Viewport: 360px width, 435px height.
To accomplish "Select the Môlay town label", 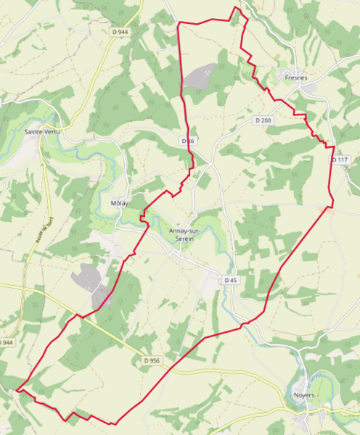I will [119, 203].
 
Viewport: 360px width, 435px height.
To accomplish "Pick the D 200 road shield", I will [263, 120].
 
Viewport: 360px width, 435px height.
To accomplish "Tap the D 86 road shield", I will [188, 140].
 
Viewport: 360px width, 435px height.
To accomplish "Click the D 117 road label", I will [339, 159].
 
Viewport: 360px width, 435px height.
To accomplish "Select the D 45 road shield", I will [231, 280].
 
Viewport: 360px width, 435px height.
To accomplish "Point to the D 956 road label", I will [151, 360].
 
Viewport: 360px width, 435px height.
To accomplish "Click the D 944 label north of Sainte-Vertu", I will [120, 32].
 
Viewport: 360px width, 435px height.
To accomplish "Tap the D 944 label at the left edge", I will [6, 341].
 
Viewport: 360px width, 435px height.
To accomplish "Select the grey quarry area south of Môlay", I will [90, 280].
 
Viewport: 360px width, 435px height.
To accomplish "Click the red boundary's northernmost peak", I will [236, 8].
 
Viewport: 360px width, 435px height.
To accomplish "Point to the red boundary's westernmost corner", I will [17, 390].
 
